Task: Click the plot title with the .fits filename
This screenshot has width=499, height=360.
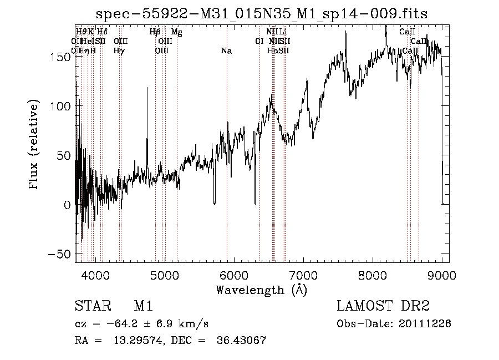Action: [x=262, y=13]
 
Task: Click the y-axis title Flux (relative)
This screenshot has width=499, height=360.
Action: [x=34, y=145]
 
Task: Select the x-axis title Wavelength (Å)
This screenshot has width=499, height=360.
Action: [x=261, y=290]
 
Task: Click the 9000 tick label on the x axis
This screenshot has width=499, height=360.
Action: [x=441, y=274]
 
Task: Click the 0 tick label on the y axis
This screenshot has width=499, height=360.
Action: [x=67, y=204]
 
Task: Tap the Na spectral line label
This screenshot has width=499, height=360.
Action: [x=226, y=51]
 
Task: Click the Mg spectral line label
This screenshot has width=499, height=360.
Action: [x=176, y=32]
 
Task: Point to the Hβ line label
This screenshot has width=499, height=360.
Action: [x=155, y=32]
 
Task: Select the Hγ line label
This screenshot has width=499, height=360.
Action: [x=119, y=51]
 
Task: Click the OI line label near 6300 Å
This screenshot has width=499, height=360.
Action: [x=259, y=41]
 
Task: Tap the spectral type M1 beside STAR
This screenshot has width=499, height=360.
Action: [x=143, y=306]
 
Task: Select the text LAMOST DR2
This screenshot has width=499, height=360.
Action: [x=383, y=306]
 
